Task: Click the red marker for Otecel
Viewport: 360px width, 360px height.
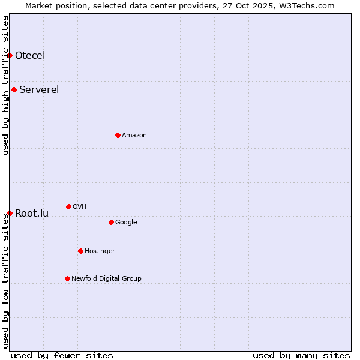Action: tap(10, 55)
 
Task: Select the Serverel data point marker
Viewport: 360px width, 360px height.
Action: tap(14, 90)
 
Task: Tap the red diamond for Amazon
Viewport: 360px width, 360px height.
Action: tap(118, 135)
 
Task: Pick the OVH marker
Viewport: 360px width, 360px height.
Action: tap(68, 206)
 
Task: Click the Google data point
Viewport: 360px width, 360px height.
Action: tap(111, 222)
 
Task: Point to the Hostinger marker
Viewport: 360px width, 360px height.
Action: tap(80, 251)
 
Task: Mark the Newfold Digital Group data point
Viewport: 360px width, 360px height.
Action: tap(67, 278)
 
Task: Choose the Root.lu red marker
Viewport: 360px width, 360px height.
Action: tap(10, 213)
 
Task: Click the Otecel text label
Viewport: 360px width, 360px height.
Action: tap(30, 56)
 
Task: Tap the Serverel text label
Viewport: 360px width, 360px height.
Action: tap(39, 90)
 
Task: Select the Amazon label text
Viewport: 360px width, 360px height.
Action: tap(134, 135)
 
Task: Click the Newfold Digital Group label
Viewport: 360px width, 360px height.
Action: tap(106, 278)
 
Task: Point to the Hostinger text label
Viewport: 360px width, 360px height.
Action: tap(100, 251)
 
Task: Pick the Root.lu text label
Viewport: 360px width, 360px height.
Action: tap(32, 213)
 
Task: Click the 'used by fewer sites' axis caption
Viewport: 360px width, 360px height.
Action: tap(62, 355)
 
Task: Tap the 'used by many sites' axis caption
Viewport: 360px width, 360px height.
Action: tap(301, 355)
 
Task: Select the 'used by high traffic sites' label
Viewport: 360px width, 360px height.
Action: tap(5, 85)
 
